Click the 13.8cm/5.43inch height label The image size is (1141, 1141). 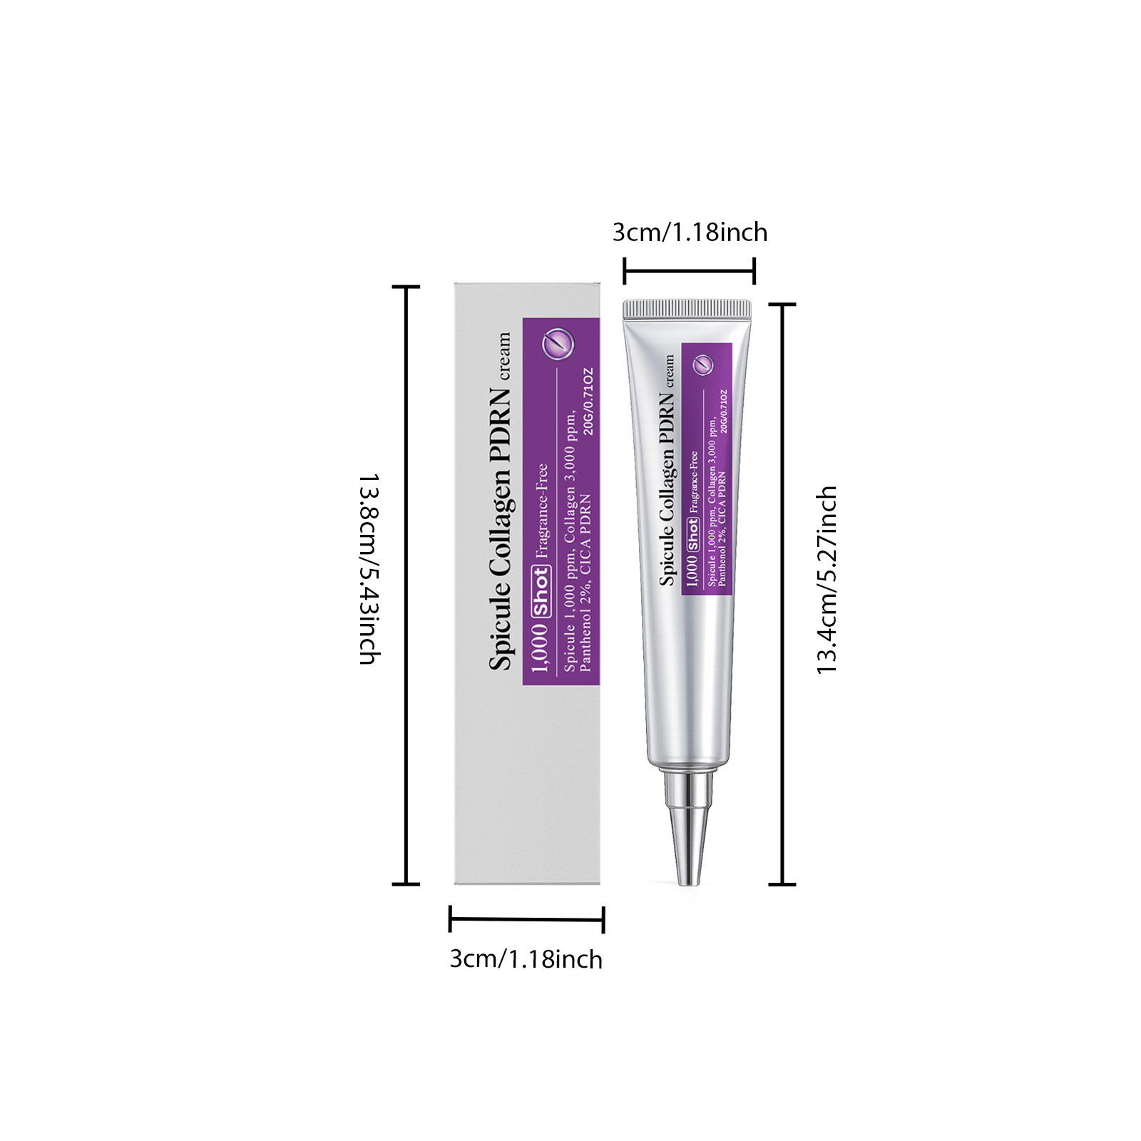pyautogui.click(x=369, y=568)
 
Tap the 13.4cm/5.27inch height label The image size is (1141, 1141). pyautogui.click(x=826, y=580)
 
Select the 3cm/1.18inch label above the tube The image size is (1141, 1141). pyautogui.click(x=690, y=232)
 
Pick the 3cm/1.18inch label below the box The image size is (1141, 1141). pyautogui.click(x=526, y=959)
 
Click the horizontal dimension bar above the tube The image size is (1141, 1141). pyautogui.click(x=689, y=271)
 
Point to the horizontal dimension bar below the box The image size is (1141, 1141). pyautogui.click(x=526, y=919)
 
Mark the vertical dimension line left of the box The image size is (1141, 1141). pyautogui.click(x=406, y=585)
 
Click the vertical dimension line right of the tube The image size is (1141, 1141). pyautogui.click(x=782, y=593)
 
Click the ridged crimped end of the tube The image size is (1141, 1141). pyautogui.click(x=687, y=309)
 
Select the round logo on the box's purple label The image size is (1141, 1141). pyautogui.click(x=558, y=344)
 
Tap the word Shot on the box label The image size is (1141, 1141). pyautogui.click(x=541, y=591)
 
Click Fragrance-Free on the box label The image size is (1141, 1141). pyautogui.click(x=542, y=510)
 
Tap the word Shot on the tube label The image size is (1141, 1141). pyautogui.click(x=692, y=534)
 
